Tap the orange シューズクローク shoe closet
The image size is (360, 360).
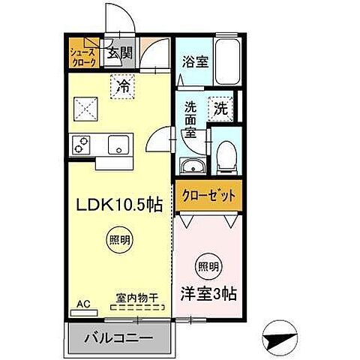pos(82,58)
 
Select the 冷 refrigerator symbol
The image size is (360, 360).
pos(123,86)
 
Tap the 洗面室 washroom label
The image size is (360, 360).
pos(191,118)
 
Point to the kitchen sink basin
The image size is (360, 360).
pos(118,142)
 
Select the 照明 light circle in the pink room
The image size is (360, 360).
pos(209,266)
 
